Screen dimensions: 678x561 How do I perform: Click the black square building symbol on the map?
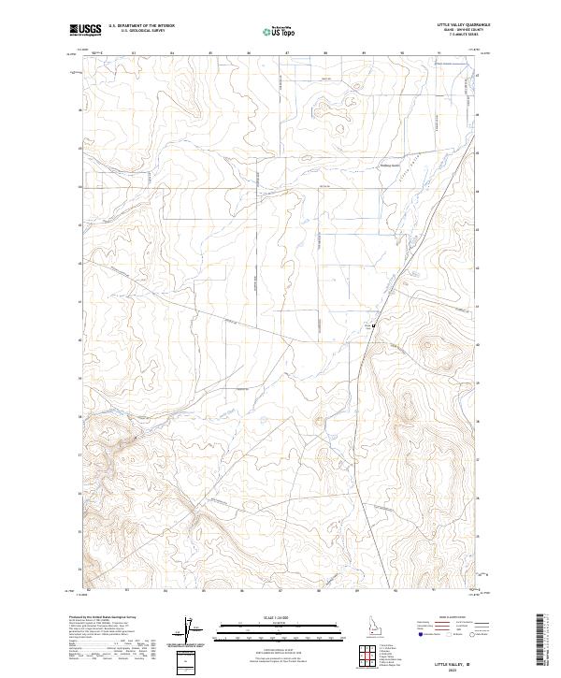[x=374, y=325]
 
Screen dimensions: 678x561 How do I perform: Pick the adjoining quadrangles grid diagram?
[x=370, y=652]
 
